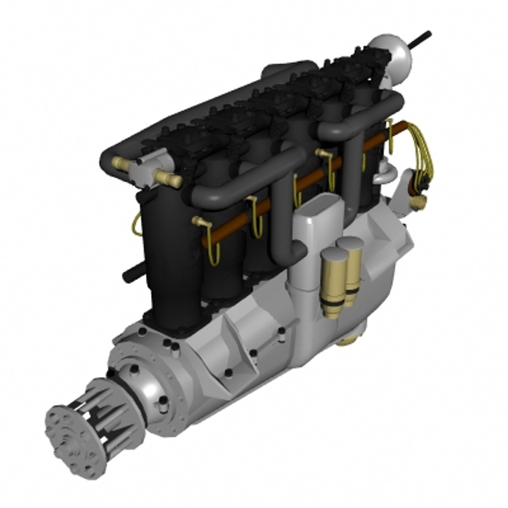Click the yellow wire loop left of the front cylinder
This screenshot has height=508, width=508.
pyautogui.click(x=137, y=223)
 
